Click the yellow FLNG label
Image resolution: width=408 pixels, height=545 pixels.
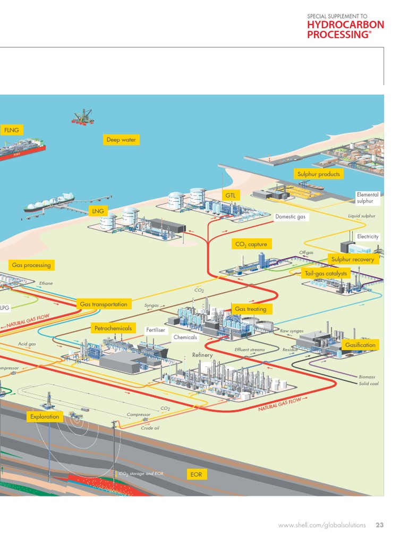point(11,130)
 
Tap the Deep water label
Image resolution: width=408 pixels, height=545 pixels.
point(121,140)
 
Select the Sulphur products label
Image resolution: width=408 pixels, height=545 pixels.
point(318,174)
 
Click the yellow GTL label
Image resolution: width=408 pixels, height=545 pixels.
point(231,196)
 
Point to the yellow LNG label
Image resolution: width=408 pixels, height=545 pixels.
point(98,211)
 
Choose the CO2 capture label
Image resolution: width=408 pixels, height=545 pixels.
point(251,244)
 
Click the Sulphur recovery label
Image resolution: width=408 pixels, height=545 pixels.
point(353,260)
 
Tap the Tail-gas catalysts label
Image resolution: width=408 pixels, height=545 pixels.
point(326,274)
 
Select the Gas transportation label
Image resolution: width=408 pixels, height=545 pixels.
point(103,304)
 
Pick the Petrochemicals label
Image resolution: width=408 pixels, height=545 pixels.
point(113,328)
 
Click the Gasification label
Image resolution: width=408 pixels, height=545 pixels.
point(360,345)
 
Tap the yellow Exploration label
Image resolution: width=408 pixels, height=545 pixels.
point(45,417)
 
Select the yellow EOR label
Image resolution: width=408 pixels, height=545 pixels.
point(196,474)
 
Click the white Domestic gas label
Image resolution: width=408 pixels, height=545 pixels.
point(290,217)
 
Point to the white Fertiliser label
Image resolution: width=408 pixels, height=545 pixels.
point(156,331)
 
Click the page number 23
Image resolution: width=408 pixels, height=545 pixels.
point(379,525)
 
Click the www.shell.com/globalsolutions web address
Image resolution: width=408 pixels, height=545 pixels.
point(322,525)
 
